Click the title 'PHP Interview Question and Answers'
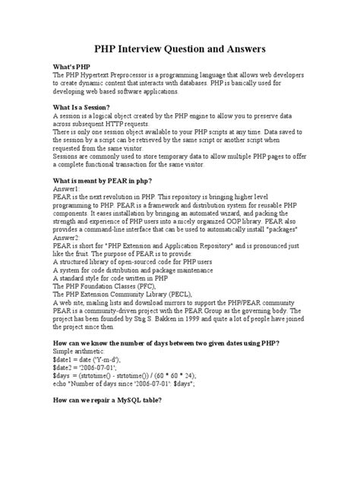point(179,49)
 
